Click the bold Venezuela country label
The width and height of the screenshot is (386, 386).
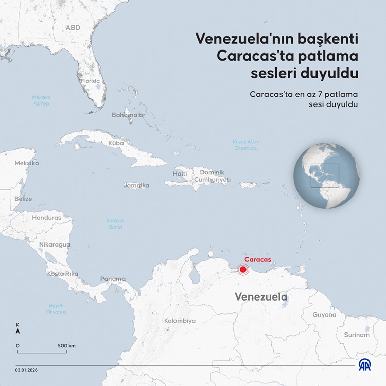click(261, 297)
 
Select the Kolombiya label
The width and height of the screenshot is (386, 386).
click(180, 321)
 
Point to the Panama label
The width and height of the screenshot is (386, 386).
click(113, 279)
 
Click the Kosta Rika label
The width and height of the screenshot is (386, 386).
click(63, 274)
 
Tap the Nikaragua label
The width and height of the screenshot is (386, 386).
click(55, 244)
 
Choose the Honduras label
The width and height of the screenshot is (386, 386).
click(46, 218)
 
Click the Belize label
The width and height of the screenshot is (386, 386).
click(23, 199)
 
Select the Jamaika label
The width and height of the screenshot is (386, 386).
click(136, 185)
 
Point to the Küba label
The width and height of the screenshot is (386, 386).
click(116, 143)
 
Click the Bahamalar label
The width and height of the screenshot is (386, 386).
click(128, 115)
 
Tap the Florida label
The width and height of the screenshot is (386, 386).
click(90, 81)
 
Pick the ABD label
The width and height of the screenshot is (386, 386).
click(73, 27)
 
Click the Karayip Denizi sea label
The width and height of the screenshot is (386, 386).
click(115, 223)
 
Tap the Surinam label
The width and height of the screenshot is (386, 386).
click(357, 335)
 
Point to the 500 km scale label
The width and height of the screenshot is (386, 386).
click(66, 345)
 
